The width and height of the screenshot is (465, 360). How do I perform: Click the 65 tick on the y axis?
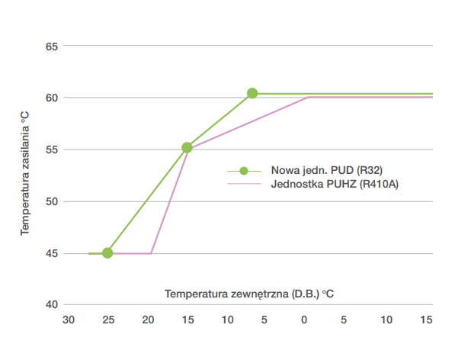tap(51, 47)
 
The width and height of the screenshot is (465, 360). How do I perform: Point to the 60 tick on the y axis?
tap(51, 98)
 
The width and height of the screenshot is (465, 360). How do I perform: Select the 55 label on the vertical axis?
tap(51, 150)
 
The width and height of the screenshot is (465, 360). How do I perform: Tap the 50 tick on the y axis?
tap(51, 202)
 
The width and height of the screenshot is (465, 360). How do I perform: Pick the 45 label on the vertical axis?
tap(51, 253)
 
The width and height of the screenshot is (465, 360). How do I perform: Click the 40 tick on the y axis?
tap(51, 305)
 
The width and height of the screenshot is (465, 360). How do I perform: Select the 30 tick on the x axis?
tap(69, 319)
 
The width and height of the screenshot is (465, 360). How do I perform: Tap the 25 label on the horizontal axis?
tap(108, 319)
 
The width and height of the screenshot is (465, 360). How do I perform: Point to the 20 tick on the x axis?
tap(148, 319)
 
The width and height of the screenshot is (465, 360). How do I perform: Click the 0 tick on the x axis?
tap(305, 319)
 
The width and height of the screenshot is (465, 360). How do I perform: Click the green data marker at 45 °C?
tap(107, 253)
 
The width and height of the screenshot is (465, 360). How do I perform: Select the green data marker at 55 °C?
tap(187, 148)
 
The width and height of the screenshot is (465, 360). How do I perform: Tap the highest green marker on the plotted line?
tap(252, 94)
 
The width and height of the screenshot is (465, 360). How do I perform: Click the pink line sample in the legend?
tap(243, 184)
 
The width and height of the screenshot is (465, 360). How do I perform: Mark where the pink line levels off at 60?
tap(307, 98)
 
